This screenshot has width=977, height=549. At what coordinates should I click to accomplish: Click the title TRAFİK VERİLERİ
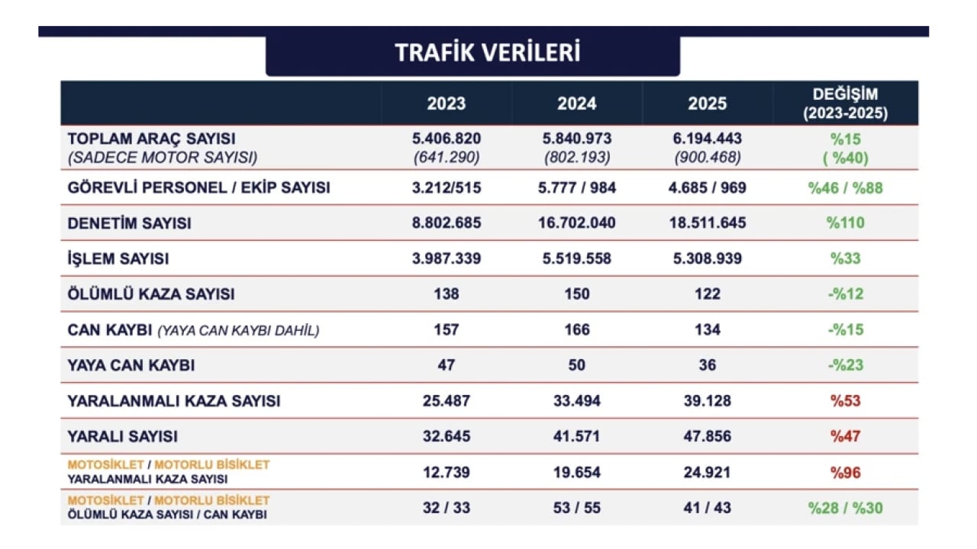pos(487,53)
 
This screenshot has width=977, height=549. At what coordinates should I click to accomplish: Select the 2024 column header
pos(576,104)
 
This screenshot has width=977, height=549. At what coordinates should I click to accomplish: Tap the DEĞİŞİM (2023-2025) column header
pos(845,104)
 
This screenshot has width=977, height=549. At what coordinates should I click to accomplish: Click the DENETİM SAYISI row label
pos(130,223)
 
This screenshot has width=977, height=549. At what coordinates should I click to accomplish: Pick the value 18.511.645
pos(707,223)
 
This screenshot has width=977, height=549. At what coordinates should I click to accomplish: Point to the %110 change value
pos(845,223)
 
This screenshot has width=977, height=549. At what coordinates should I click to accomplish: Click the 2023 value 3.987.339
pos(446,258)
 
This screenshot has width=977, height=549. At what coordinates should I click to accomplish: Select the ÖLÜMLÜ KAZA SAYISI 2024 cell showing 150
pos(576,294)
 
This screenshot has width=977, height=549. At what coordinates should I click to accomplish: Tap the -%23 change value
pos(845,365)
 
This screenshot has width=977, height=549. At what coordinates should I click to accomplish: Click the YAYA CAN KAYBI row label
pos(131,365)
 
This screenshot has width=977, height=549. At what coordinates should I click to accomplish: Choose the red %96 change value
pos(845,473)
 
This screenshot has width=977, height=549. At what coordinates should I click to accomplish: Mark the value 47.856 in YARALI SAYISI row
pos(707,436)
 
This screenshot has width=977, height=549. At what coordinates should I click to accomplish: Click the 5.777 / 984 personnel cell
pos(576,188)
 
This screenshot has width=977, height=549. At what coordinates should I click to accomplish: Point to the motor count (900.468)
pos(707,158)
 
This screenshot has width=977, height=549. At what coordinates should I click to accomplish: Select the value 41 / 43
pos(707,508)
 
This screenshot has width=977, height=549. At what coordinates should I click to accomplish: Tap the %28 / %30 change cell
pos(845,508)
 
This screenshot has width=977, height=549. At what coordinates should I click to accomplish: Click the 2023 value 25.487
pos(446,401)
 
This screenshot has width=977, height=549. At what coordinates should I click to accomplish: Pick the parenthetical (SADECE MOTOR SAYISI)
pos(163,158)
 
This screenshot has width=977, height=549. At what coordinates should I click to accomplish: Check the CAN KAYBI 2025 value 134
pos(707,329)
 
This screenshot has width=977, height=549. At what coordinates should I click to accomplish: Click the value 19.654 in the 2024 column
pos(576,473)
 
